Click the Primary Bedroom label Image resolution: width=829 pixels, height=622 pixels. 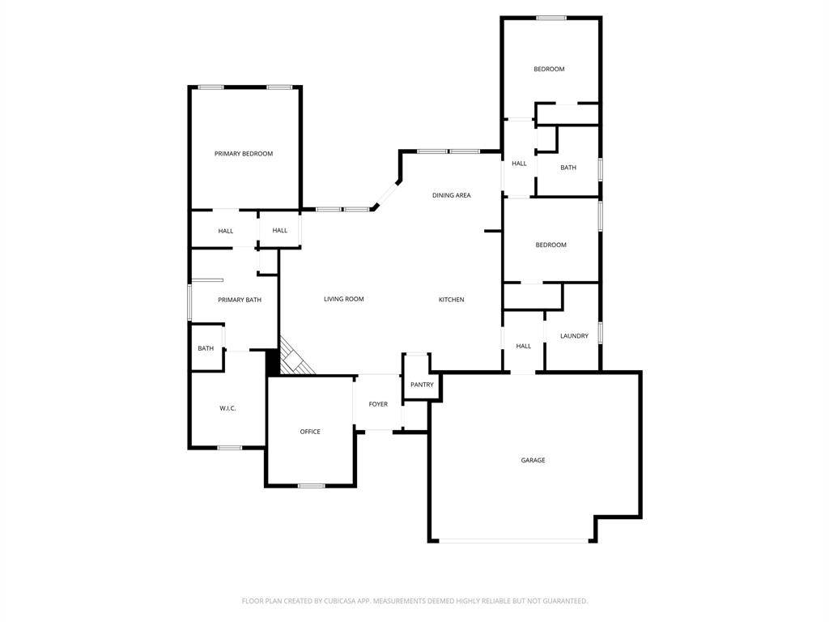tap(244, 154)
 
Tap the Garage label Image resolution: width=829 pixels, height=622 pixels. tap(533, 460)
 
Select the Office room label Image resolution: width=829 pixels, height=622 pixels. tap(310, 432)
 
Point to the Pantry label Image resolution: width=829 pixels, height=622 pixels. tap(422, 385)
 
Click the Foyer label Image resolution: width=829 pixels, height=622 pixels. tap(378, 404)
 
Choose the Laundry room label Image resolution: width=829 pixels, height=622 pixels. tap(574, 336)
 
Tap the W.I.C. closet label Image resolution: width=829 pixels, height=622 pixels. tap(227, 408)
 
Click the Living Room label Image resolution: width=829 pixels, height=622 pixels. tap(343, 299)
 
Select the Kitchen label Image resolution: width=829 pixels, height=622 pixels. tap(452, 300)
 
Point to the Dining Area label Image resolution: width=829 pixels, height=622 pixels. tap(452, 195)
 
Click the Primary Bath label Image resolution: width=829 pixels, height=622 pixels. tap(240, 300)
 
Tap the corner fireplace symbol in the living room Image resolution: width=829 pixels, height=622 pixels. tap(293, 357)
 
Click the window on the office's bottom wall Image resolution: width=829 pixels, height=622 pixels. tap(312, 486)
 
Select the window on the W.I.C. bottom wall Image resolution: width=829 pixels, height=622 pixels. tap(229, 448)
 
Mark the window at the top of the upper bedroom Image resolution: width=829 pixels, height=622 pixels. tap(551, 18)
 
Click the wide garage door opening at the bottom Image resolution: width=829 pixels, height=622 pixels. tap(513, 540)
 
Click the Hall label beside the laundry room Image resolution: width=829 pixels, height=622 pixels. tap(524, 346)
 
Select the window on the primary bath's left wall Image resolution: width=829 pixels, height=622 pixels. tap(189, 303)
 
